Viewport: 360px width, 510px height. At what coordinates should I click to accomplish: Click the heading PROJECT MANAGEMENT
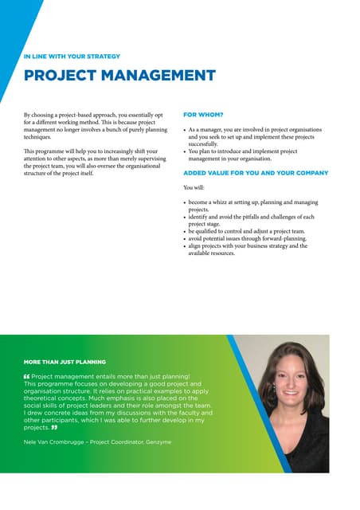point(119,76)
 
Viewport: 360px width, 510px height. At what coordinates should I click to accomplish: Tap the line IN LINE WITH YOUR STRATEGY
point(72,57)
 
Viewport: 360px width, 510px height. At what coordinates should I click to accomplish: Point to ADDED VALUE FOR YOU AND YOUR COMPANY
point(256,173)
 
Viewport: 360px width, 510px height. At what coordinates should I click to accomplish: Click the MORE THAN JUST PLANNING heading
point(65,362)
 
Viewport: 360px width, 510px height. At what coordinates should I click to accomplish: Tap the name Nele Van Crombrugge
point(54,441)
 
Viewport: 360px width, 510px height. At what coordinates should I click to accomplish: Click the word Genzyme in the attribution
point(156,441)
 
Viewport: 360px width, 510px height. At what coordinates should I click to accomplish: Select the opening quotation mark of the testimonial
point(27,375)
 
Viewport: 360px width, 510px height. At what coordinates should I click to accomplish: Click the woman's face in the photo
point(285,379)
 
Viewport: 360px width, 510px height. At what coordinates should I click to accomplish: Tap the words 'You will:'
point(194,188)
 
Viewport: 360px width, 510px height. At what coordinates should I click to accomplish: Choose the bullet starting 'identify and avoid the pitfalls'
point(251,221)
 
